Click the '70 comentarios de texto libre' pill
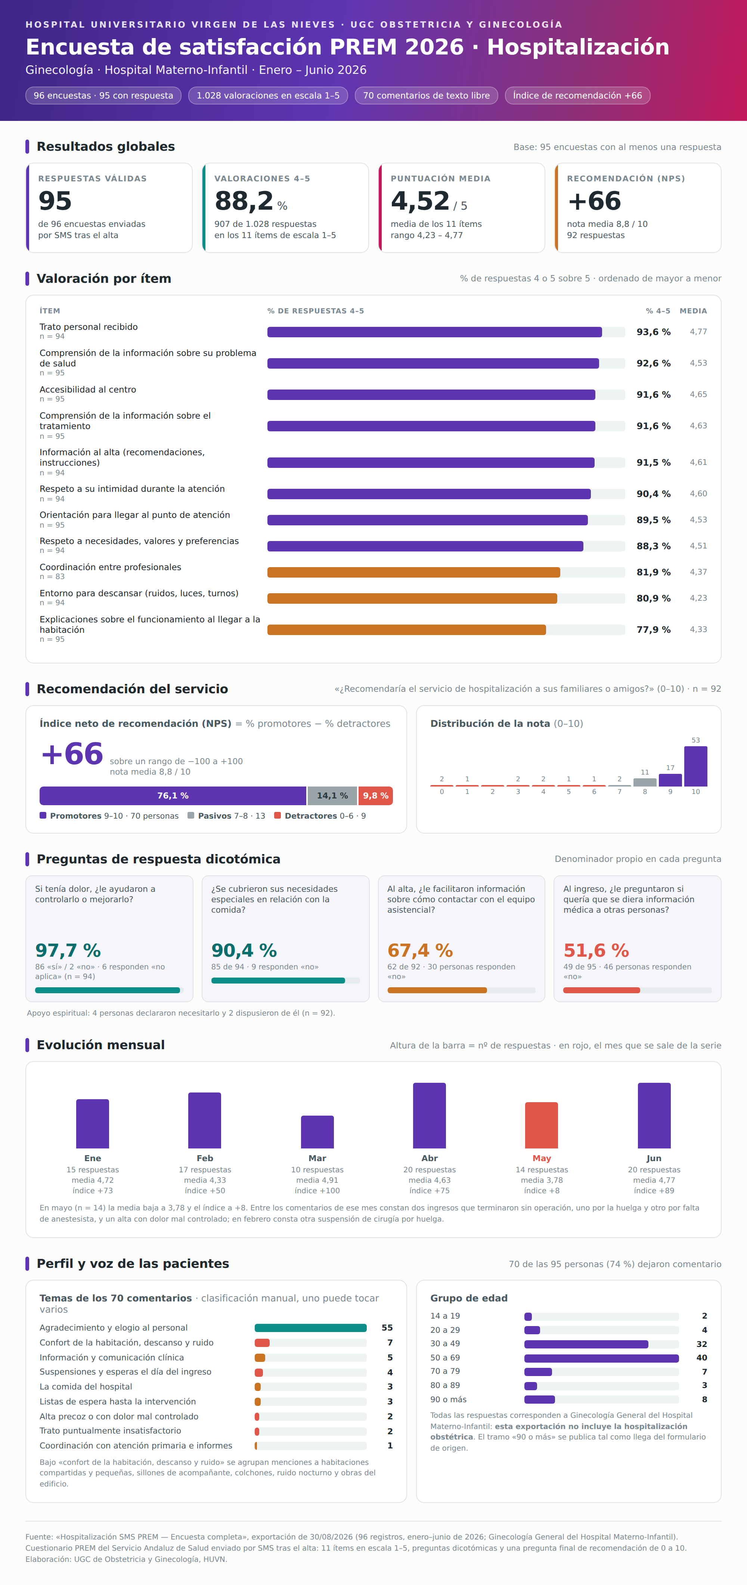pyautogui.click(x=426, y=96)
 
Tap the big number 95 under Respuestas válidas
pyautogui.click(x=55, y=201)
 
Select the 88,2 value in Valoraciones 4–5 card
pyautogui.click(x=244, y=201)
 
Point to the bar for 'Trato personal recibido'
pyautogui.click(x=434, y=332)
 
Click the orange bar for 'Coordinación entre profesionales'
pyautogui.click(x=413, y=572)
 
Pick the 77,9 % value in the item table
pyautogui.click(x=653, y=629)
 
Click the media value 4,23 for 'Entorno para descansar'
pyautogui.click(x=698, y=598)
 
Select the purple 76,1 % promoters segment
pyautogui.click(x=173, y=795)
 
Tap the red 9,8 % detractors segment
pyautogui.click(x=376, y=795)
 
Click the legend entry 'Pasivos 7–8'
pyautogui.click(x=226, y=816)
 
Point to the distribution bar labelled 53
pyautogui.click(x=695, y=766)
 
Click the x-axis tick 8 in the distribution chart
pyautogui.click(x=645, y=792)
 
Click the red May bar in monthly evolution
pyautogui.click(x=541, y=1125)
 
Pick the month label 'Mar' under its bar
pyautogui.click(x=317, y=1158)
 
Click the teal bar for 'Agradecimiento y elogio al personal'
pyautogui.click(x=310, y=1328)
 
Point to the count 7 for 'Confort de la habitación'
pyautogui.click(x=390, y=1342)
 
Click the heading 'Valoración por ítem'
pyautogui.click(x=104, y=279)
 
